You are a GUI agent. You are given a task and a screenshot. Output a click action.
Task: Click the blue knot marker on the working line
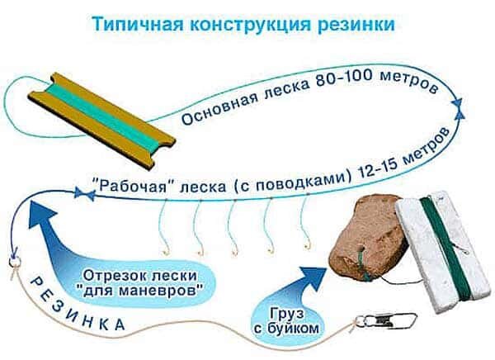point(80,194)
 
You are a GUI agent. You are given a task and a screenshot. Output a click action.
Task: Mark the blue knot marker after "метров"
point(456,102)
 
